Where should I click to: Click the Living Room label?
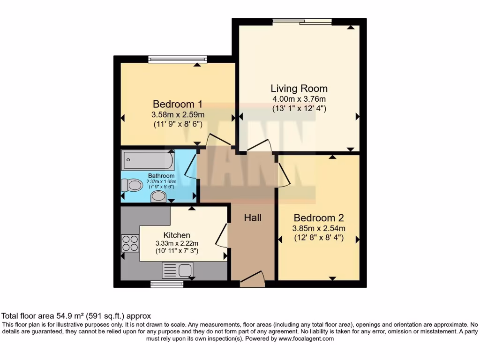click(299, 88)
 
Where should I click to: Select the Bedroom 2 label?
click(319, 217)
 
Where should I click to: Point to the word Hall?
click(253, 217)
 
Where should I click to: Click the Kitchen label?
click(177, 235)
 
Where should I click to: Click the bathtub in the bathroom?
click(148, 160)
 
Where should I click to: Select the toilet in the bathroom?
click(132, 186)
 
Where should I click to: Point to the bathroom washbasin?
click(159, 196)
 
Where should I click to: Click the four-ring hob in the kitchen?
click(130, 242)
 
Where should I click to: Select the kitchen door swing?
click(222, 235)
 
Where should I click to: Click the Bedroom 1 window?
click(177, 59)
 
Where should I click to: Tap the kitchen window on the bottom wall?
click(167, 284)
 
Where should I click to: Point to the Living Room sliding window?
click(302, 21)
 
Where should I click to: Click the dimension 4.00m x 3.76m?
click(299, 99)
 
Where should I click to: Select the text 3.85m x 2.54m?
click(319, 228)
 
